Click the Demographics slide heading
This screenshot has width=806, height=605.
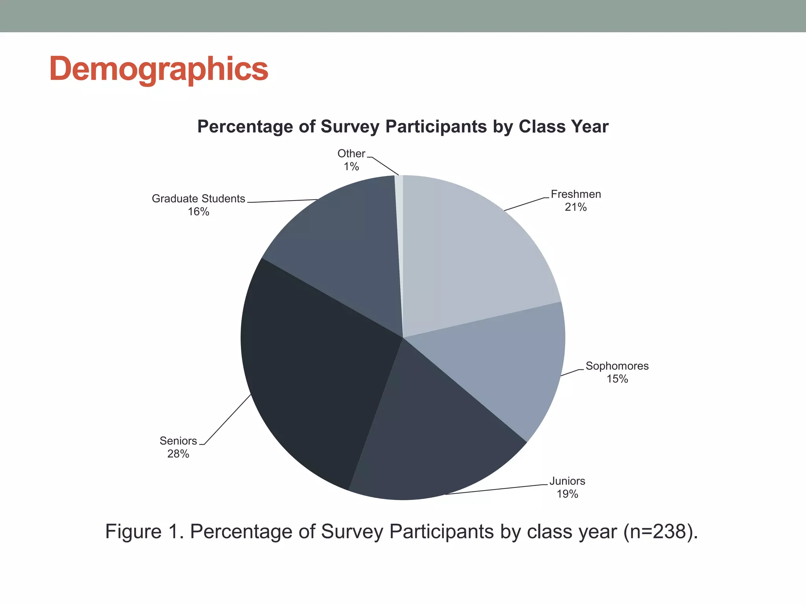click(159, 69)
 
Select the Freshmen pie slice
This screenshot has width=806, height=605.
click(472, 252)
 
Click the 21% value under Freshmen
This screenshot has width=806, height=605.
click(575, 207)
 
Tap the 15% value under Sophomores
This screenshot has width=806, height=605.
click(617, 379)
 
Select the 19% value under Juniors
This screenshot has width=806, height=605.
click(567, 494)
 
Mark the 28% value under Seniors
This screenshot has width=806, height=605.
click(178, 454)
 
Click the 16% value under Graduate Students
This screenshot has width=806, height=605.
click(198, 212)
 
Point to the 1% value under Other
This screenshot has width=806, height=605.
click(351, 167)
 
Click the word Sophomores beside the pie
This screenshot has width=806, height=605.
click(617, 366)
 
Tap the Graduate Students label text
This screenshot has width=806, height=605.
click(198, 199)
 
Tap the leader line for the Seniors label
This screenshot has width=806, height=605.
click(227, 419)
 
